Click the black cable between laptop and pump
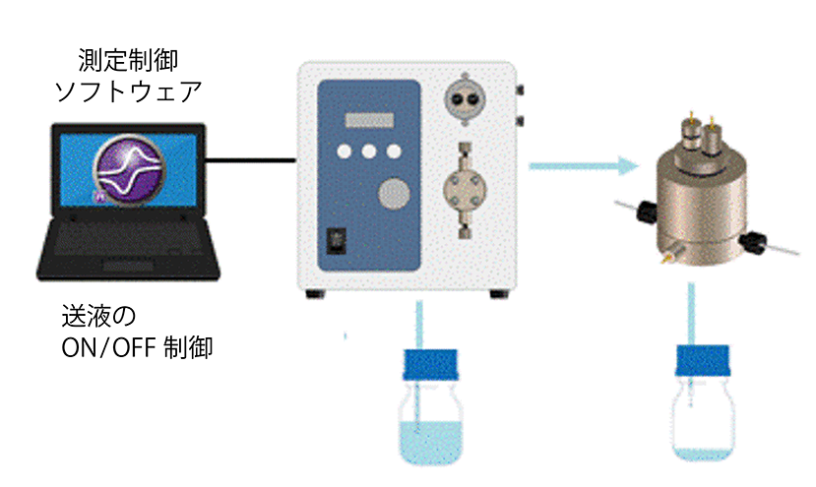click(x=253, y=159)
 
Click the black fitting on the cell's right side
click(x=753, y=240)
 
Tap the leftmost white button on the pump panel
click(x=345, y=152)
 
